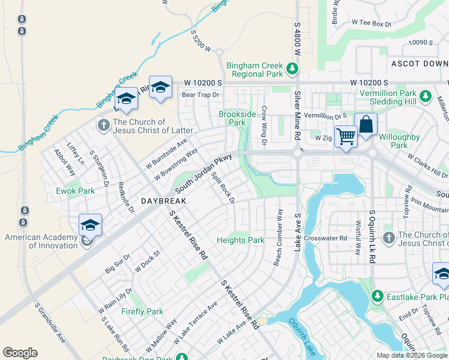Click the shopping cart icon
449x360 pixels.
[346, 137]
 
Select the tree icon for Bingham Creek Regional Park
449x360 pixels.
[293, 69]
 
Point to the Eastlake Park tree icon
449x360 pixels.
[377, 296]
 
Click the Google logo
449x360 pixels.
[20, 353]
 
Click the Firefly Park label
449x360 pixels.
[142, 311]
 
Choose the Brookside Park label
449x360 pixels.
[237, 118]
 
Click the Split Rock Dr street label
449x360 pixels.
[223, 190]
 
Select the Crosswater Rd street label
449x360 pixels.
[325, 238]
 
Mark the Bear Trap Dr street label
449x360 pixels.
[200, 95]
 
